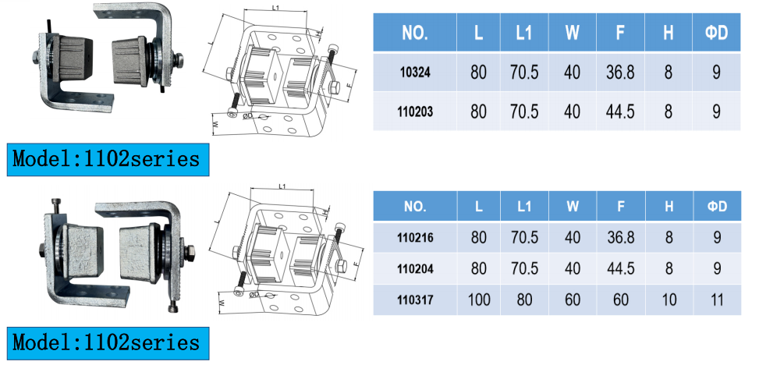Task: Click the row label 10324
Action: (415, 73)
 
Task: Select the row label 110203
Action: (415, 112)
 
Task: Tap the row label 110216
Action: (415, 238)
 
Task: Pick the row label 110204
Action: (415, 268)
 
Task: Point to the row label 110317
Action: (415, 300)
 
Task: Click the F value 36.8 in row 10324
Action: (620, 73)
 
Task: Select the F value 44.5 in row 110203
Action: (620, 112)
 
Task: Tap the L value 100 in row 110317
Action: (479, 300)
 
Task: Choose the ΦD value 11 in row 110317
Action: (717, 300)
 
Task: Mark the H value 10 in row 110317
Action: (669, 300)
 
